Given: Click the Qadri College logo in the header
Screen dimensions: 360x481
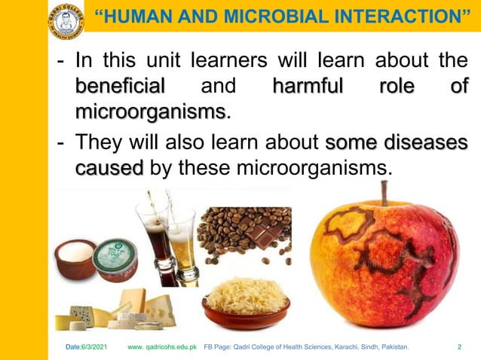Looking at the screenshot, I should (66, 20).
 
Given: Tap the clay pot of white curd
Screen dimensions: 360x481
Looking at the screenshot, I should (75, 260).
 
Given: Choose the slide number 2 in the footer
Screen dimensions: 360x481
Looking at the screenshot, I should (459, 347).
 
